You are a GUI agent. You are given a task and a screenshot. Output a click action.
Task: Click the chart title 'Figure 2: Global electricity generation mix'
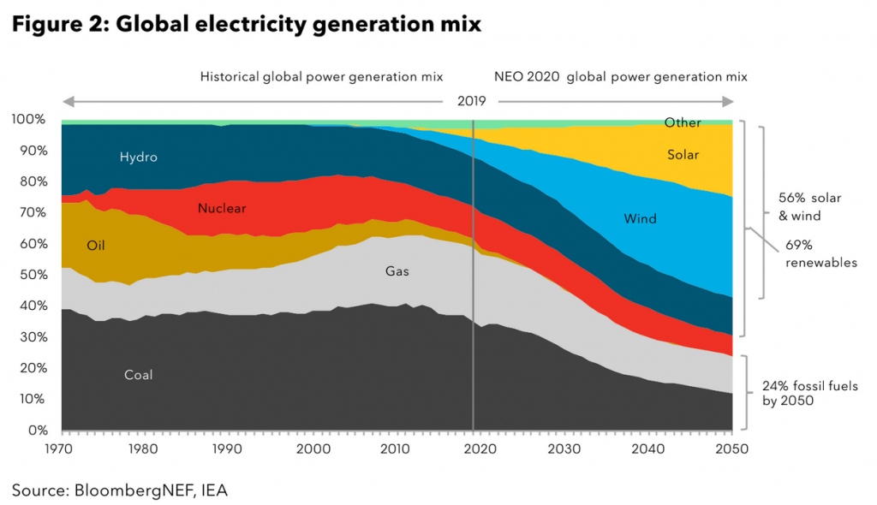click(x=247, y=24)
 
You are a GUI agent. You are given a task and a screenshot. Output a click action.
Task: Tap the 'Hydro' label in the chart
click(x=139, y=157)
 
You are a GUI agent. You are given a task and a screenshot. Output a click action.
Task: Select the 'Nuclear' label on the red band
click(x=222, y=208)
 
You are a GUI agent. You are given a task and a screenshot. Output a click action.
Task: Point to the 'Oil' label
click(x=98, y=245)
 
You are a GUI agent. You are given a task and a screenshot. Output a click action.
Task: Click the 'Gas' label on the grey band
click(x=397, y=271)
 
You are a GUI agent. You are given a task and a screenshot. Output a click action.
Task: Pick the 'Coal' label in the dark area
click(x=138, y=375)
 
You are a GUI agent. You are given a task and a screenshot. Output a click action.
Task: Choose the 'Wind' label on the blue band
click(x=641, y=218)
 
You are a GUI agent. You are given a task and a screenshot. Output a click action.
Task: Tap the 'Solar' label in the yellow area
click(x=683, y=155)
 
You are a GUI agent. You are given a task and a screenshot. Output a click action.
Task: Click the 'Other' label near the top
click(x=683, y=122)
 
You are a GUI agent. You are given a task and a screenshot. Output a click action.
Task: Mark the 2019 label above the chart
click(x=471, y=101)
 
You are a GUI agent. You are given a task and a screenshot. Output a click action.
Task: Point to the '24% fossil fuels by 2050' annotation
click(x=808, y=392)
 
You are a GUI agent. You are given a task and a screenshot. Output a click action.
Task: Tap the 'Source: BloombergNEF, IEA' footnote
click(x=120, y=490)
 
